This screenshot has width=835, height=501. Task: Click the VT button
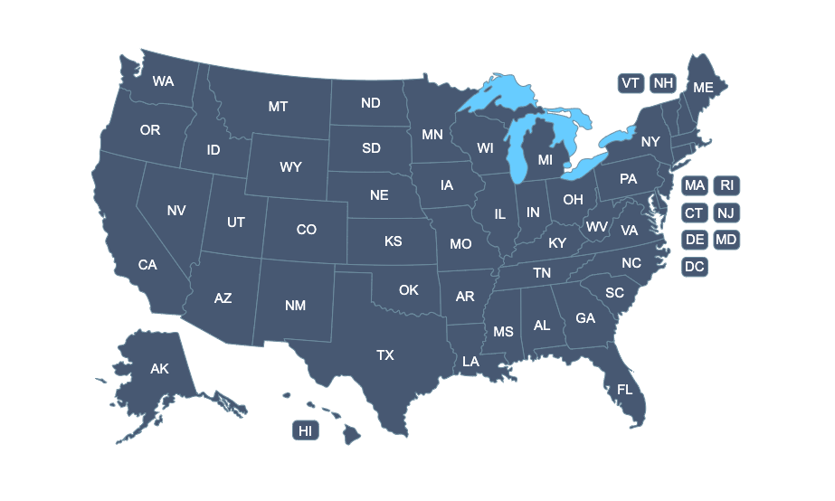pyautogui.click(x=631, y=83)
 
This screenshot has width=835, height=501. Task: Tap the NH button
pyautogui.click(x=663, y=83)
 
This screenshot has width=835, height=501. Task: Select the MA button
pyautogui.click(x=695, y=185)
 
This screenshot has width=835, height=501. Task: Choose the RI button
pyautogui.click(x=726, y=185)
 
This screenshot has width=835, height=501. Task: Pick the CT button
pyautogui.click(x=694, y=213)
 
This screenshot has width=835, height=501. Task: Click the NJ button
pyautogui.click(x=726, y=213)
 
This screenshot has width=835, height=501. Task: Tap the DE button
pyautogui.click(x=694, y=240)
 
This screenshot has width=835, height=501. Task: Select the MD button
pyautogui.click(x=726, y=240)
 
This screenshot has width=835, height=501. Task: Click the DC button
pyautogui.click(x=694, y=267)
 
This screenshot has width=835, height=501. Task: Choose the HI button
pyautogui.click(x=306, y=430)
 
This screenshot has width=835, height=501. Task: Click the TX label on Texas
pyautogui.click(x=385, y=355)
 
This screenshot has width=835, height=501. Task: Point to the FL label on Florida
pyautogui.click(x=624, y=389)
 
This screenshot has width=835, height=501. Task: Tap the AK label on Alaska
pyautogui.click(x=159, y=369)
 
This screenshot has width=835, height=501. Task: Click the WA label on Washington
pyautogui.click(x=163, y=81)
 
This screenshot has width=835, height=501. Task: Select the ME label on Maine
pyautogui.click(x=703, y=88)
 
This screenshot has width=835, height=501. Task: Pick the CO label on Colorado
pyautogui.click(x=307, y=230)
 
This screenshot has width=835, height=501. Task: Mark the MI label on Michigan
pyautogui.click(x=545, y=160)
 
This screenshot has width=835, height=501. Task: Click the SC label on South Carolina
pyautogui.click(x=614, y=293)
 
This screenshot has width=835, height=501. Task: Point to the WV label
pyautogui.click(x=596, y=226)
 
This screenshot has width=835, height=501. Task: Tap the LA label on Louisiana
pyautogui.click(x=470, y=361)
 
